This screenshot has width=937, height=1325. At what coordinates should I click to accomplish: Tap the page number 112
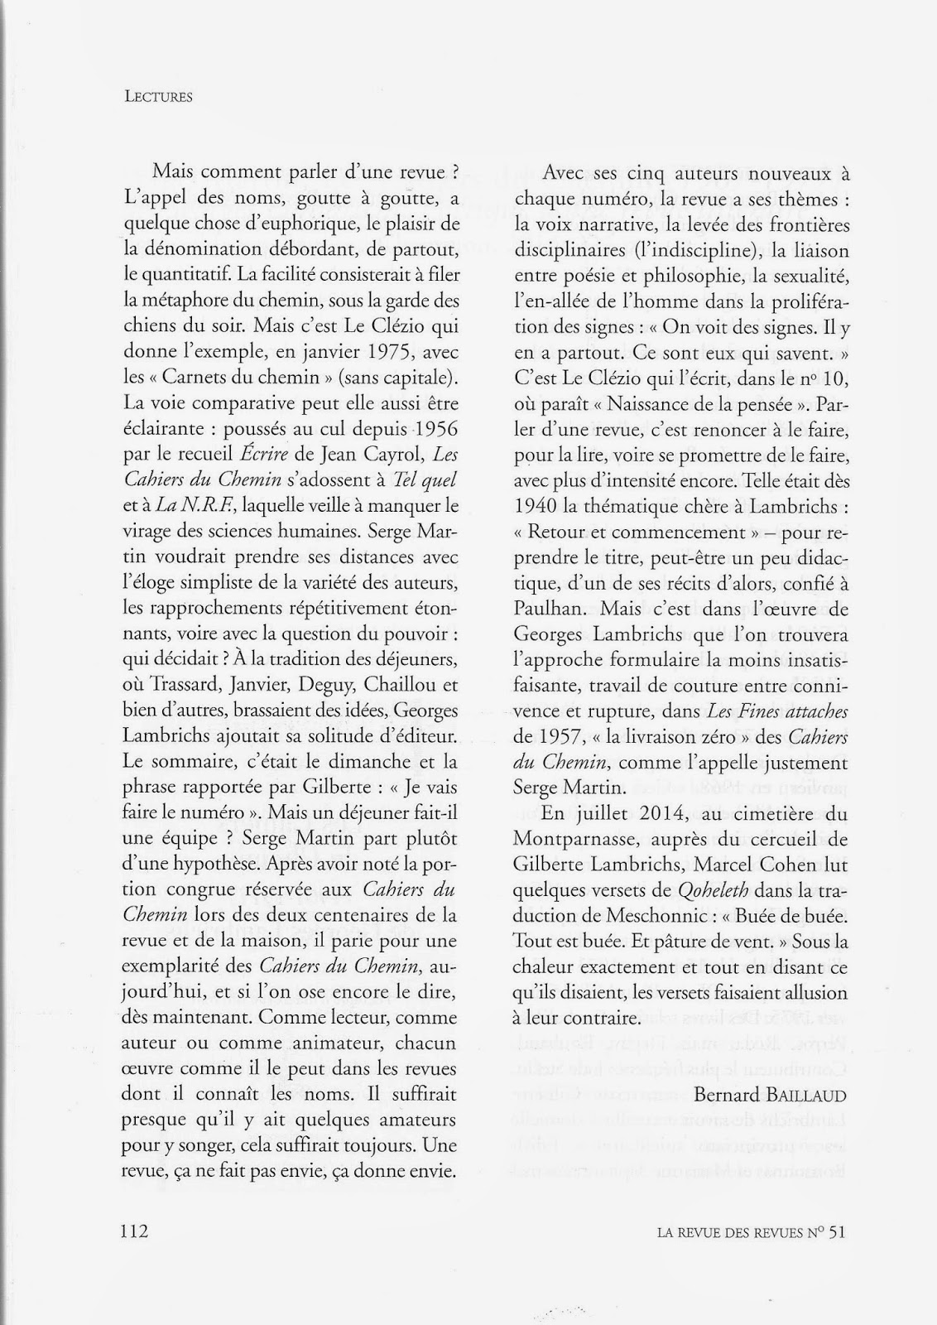pyautogui.click(x=133, y=1231)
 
